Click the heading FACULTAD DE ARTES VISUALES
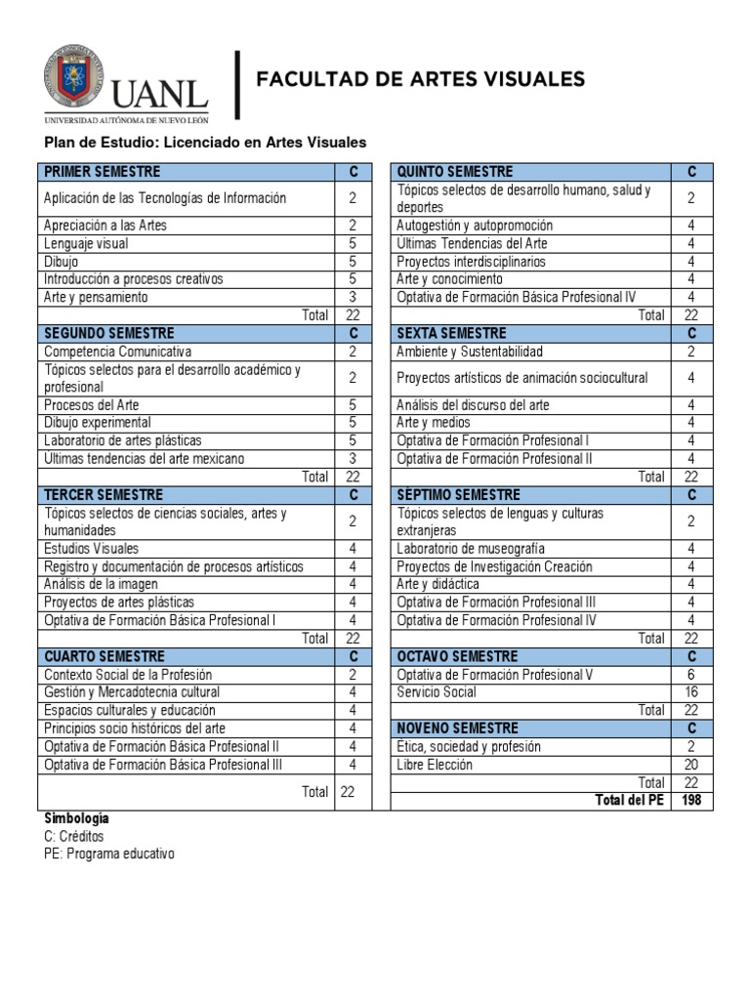tap(420, 79)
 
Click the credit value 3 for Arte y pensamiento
tap(353, 297)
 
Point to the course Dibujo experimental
tap(98, 423)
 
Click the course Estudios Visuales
tap(92, 549)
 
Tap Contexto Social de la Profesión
tap(128, 675)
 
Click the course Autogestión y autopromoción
tap(475, 226)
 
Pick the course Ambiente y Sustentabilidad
tap(470, 352)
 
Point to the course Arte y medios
tap(434, 423)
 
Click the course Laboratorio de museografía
tap(471, 549)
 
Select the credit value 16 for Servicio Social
tap(690, 692)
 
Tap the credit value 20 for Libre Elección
tap(690, 765)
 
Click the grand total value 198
tap(690, 801)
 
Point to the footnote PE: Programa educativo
tap(108, 854)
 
